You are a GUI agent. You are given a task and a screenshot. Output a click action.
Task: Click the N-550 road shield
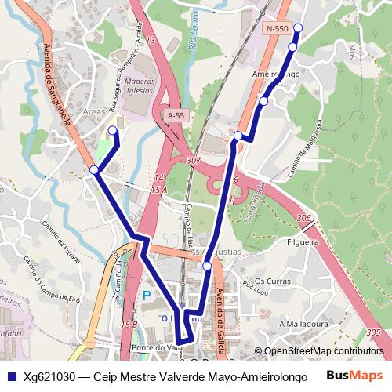(x=277, y=29)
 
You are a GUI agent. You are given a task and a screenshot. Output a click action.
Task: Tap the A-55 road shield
(x=176, y=115)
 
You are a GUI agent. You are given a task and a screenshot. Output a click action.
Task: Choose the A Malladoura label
(x=303, y=323)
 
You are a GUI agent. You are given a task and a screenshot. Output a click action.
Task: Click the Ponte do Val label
(x=152, y=347)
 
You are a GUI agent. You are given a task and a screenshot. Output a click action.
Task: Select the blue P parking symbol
(x=147, y=296)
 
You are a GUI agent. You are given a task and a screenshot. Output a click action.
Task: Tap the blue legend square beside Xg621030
(x=10, y=376)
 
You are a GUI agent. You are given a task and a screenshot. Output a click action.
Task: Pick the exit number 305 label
(x=374, y=333)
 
